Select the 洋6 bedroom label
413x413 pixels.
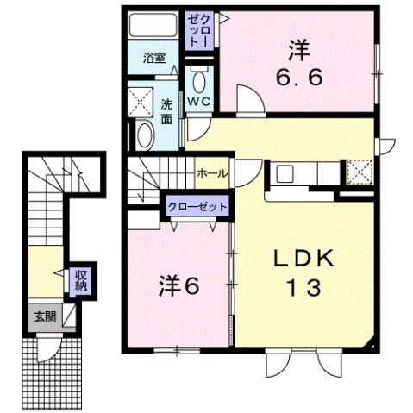point(178,285)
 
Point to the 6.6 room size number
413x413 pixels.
point(299,78)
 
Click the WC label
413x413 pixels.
point(199,102)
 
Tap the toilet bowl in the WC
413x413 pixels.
point(200,83)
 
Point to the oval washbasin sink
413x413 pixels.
point(144,135)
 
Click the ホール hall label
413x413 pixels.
point(212,173)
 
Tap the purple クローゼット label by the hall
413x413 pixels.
point(198,207)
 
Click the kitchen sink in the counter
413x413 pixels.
point(285,172)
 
